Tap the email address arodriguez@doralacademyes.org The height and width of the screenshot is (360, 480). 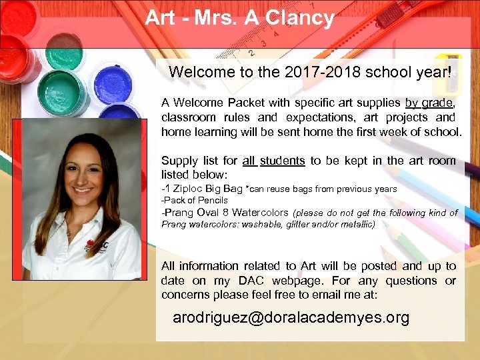pos(291,317)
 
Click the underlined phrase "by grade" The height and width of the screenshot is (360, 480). pos(429,103)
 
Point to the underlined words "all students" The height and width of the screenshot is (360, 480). pos(273,161)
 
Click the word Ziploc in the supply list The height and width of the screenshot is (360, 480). pos(193,189)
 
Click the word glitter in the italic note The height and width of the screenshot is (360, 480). pos(298,225)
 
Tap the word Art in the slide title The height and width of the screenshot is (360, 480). pos(160,18)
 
